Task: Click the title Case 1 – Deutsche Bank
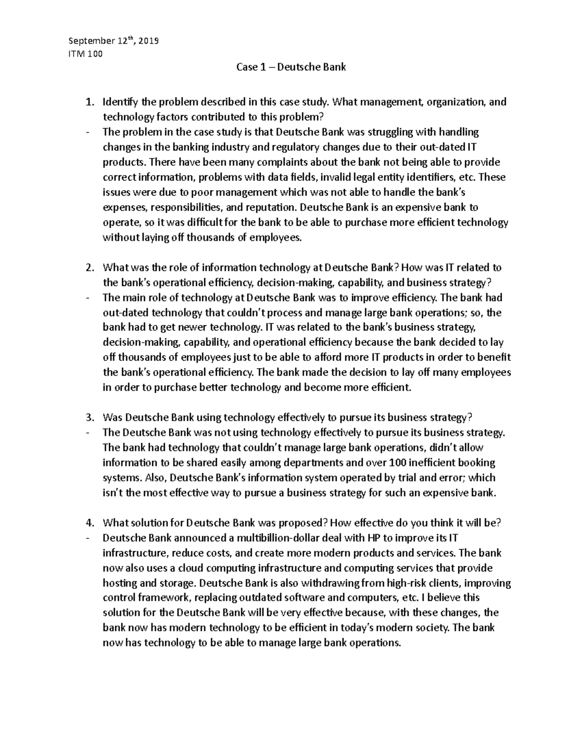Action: click(291, 67)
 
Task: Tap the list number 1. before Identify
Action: click(89, 102)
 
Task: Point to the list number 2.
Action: click(89, 268)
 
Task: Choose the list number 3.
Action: click(89, 417)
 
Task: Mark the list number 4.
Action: click(89, 523)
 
